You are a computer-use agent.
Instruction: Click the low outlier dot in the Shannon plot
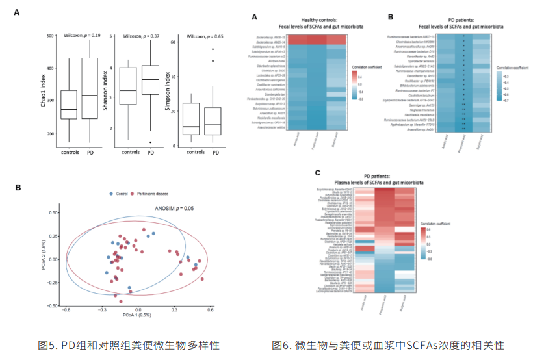pyautogui.click(x=150, y=142)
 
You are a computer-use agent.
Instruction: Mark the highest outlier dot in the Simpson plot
pyautogui.click(x=211, y=49)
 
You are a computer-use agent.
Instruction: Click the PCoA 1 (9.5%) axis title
pyautogui.click(x=138, y=315)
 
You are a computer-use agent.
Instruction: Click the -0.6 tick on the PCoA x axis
pyautogui.click(x=65, y=309)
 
